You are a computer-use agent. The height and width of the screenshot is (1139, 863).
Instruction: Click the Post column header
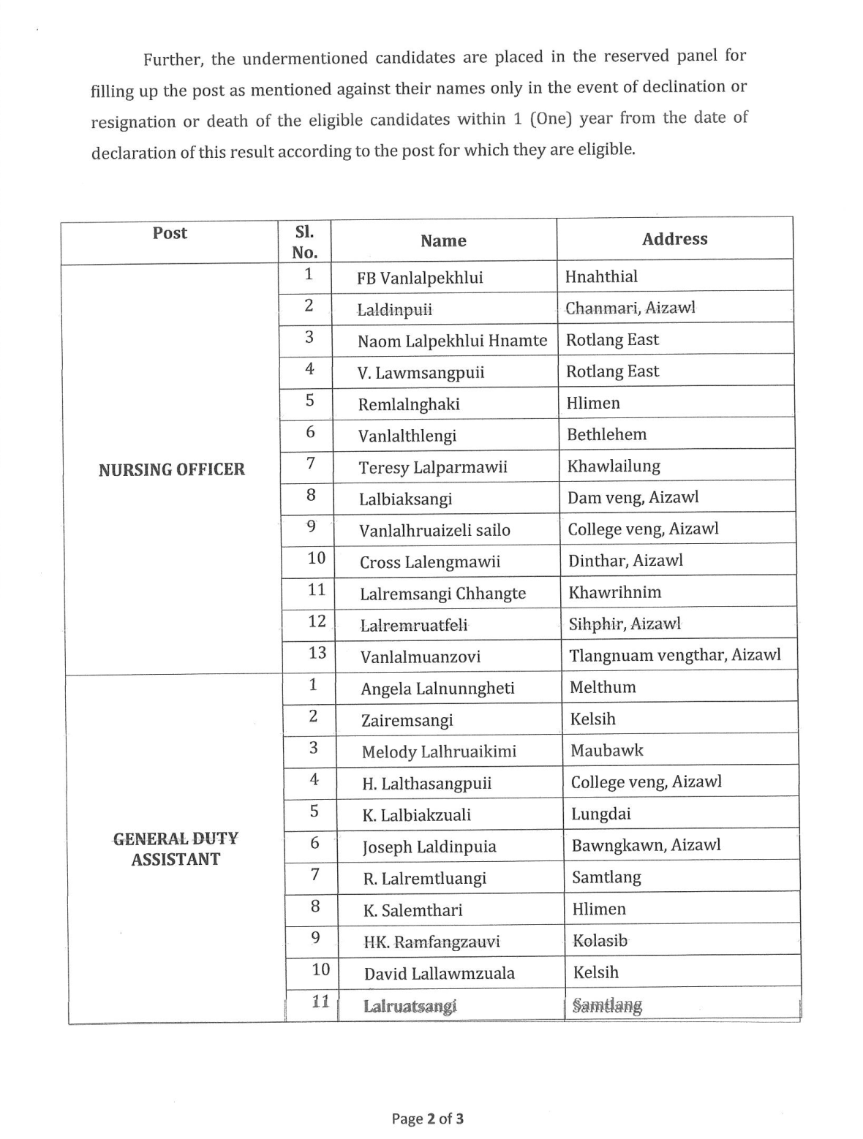click(x=170, y=233)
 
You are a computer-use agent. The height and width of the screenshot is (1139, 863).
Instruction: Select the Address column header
click(x=674, y=239)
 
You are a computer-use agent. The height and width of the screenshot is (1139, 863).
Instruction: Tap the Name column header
click(x=443, y=241)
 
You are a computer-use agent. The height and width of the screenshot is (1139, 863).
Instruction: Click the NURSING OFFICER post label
click(x=172, y=469)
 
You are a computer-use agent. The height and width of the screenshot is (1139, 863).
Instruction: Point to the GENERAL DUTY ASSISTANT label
click(x=176, y=849)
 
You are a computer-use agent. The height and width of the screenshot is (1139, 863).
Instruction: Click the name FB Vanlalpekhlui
click(x=420, y=279)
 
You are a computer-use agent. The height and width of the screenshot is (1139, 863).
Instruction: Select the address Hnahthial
click(x=601, y=276)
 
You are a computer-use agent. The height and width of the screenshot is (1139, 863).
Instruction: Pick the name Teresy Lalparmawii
click(x=433, y=467)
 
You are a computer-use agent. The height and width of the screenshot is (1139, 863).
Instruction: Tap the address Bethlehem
click(x=607, y=434)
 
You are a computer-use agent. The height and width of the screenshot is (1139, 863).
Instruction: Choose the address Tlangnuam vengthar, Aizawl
click(x=675, y=655)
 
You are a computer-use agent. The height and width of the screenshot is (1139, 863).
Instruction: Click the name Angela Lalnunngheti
click(x=437, y=689)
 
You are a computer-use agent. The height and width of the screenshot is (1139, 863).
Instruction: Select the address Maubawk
click(x=607, y=750)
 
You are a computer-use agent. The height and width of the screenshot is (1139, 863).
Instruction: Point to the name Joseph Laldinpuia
click(x=429, y=847)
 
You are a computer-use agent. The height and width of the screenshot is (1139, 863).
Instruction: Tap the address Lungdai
click(x=601, y=814)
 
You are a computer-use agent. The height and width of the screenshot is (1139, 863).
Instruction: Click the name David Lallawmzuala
click(x=440, y=974)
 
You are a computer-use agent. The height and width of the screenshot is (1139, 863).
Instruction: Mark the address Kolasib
click(x=600, y=941)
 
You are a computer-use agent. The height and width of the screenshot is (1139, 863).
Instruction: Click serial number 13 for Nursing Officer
click(x=317, y=653)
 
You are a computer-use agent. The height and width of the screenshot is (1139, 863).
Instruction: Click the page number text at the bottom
click(x=427, y=1119)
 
